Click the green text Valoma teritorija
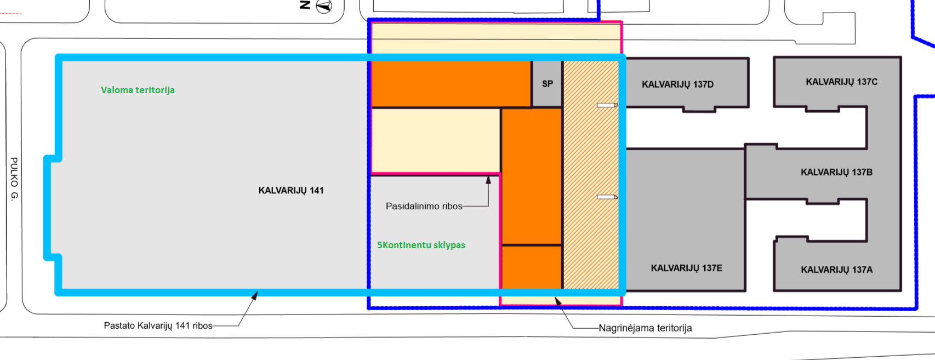click(138, 90)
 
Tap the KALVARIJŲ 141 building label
click(291, 191)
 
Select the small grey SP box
click(547, 84)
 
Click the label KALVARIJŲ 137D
click(677, 84)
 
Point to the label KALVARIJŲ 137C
click(841, 82)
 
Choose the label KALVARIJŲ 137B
click(836, 172)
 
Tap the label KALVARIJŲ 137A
click(836, 270)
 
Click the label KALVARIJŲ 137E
click(686, 268)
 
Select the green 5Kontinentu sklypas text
click(421, 245)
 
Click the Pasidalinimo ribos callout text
click(424, 206)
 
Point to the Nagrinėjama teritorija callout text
click(645, 328)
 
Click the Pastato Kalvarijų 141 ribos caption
click(158, 326)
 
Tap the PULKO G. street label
click(14, 179)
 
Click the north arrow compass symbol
click(324, 6)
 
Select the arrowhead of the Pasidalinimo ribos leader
click(488, 180)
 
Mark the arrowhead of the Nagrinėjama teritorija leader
click(558, 301)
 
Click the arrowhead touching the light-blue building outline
click(254, 296)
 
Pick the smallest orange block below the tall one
click(532, 267)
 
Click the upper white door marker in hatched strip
click(607, 105)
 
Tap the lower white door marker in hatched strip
click(607, 197)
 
